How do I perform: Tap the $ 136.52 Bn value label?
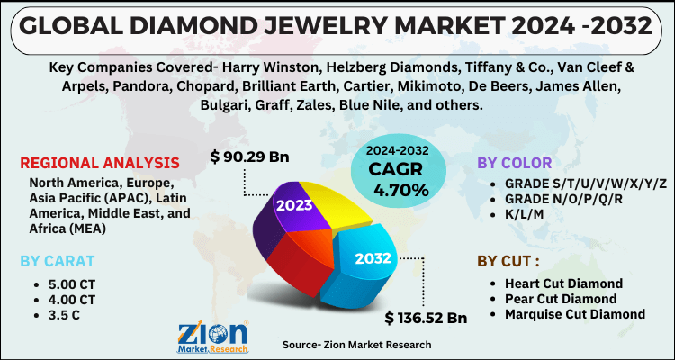point(426,319)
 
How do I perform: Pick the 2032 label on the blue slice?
point(372,258)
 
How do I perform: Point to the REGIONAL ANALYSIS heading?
point(99,163)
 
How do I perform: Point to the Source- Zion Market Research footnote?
point(356,344)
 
